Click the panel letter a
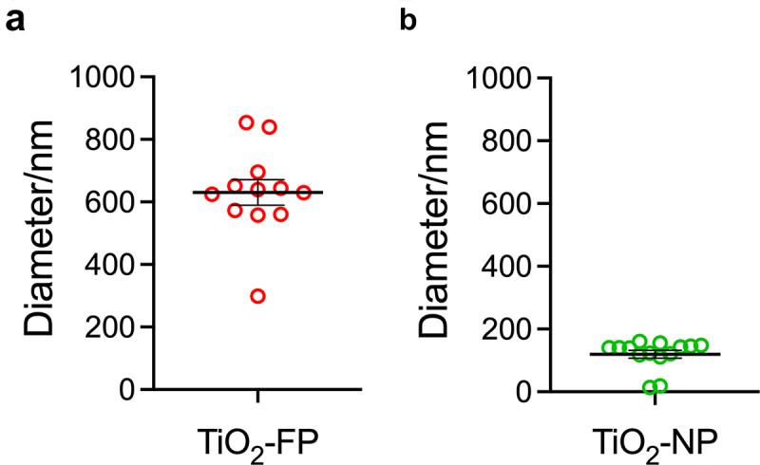click(14, 21)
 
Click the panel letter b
click(408, 21)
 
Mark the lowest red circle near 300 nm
click(257, 296)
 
